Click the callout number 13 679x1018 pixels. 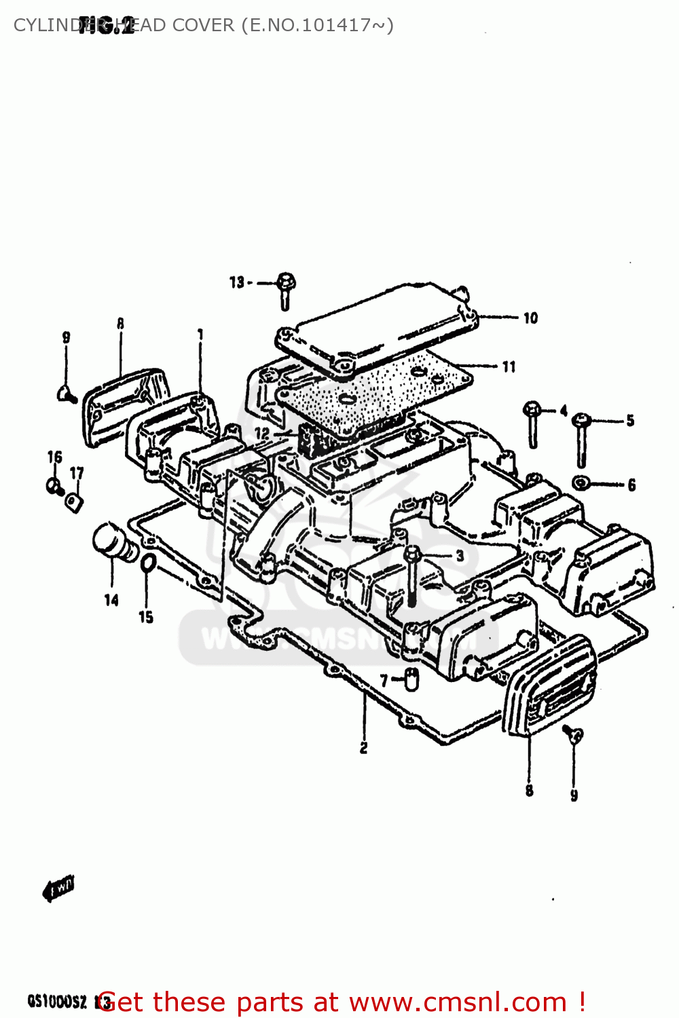point(236,282)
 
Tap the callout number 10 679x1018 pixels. point(530,318)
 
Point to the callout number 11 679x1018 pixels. point(509,367)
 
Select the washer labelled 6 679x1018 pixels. point(581,483)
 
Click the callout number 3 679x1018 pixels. point(460,556)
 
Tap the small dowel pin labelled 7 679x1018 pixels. point(411,678)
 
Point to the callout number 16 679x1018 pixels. point(54,457)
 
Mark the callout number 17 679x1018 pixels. point(77,473)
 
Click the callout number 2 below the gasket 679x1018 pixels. point(364,748)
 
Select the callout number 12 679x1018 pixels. point(262,433)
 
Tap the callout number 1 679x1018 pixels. point(200,335)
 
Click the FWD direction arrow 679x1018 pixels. point(59,888)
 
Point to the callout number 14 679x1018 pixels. point(111,600)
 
